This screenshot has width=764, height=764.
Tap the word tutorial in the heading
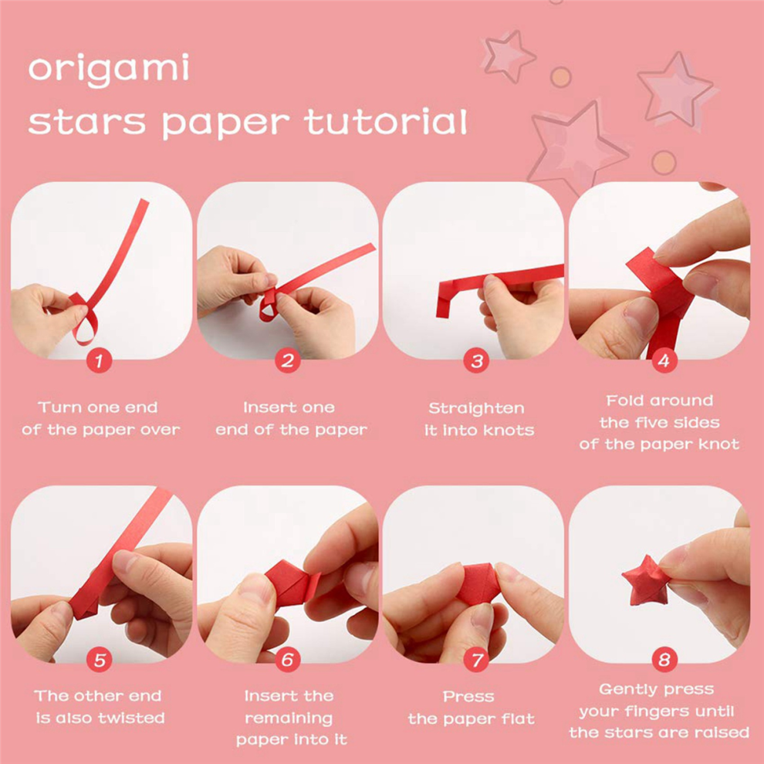tap(386, 121)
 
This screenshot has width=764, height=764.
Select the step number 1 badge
tap(100, 361)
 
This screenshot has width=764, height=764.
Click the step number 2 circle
tap(288, 361)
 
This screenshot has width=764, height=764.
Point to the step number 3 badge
tap(476, 361)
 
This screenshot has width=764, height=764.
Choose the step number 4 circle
tap(664, 361)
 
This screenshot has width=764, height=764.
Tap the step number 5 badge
tap(100, 660)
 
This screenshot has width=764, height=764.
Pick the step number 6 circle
tap(288, 660)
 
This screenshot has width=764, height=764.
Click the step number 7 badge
tap(476, 660)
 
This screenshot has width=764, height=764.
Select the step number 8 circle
tap(664, 660)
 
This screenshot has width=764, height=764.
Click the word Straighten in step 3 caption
tap(476, 408)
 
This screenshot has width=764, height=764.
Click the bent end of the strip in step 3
tap(442, 302)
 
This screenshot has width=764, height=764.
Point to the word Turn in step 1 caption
tap(58, 407)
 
